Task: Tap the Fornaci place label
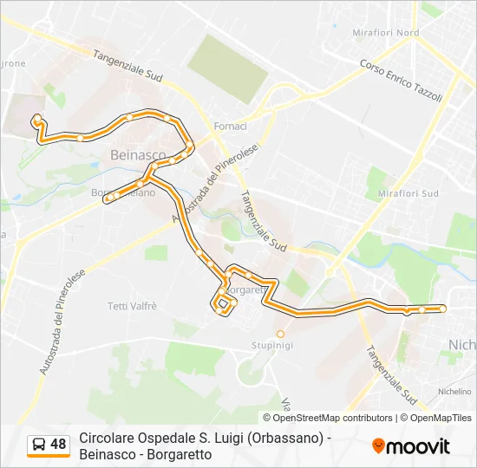(x=231, y=127)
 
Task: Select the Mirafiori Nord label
(x=386, y=33)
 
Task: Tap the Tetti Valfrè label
(x=132, y=306)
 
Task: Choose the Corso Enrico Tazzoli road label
(x=401, y=81)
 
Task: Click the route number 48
(x=58, y=445)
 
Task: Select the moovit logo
(x=411, y=446)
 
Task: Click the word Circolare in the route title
(x=108, y=439)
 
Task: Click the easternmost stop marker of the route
(x=442, y=309)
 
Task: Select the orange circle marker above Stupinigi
(x=280, y=333)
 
